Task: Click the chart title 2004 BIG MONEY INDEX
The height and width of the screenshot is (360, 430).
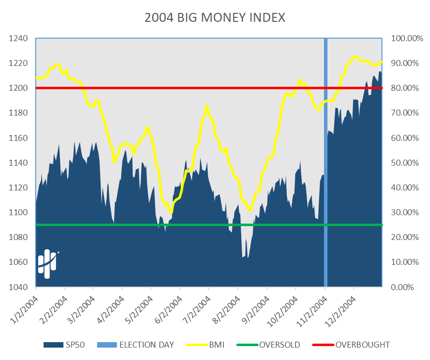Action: tap(215, 18)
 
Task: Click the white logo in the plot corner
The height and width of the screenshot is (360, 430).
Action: tap(48, 263)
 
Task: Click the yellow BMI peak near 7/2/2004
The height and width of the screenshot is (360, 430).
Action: tap(207, 106)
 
